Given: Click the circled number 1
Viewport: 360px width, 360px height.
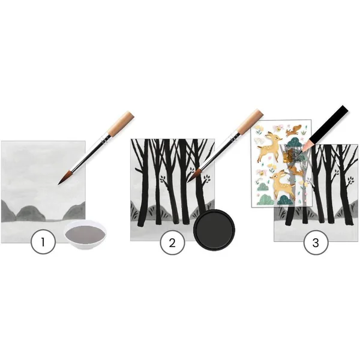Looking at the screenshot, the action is tap(43, 242).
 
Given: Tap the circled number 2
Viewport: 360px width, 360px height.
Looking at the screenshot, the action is tap(172, 242).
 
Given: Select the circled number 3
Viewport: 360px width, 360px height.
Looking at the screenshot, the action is tap(316, 242).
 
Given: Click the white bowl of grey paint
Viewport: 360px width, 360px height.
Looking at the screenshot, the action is tap(85, 235).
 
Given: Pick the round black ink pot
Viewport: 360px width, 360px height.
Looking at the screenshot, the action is tap(214, 230).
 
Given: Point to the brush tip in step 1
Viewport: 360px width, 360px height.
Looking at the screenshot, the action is tap(58, 184).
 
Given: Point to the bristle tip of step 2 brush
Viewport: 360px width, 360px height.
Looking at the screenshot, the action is tap(189, 181).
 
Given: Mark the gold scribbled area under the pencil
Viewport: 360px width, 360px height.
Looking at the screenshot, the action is tap(290, 155).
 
